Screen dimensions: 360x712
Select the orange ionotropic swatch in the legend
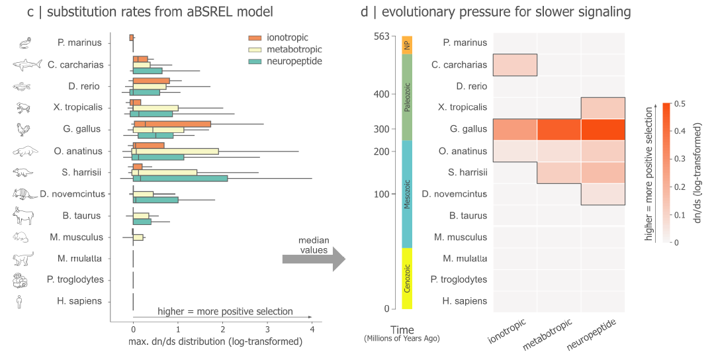tap(255, 38)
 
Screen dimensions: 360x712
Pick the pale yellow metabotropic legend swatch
tap(255, 49)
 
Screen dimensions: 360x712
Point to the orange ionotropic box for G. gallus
tap(172, 124)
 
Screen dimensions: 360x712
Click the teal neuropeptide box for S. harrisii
tap(180, 179)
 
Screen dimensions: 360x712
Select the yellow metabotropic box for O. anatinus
tap(176, 151)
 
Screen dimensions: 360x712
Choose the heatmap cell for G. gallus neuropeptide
tap(603, 128)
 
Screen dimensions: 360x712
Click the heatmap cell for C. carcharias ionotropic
tap(515, 65)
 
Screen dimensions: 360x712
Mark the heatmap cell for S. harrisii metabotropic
tap(559, 172)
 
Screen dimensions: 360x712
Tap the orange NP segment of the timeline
tap(408, 44)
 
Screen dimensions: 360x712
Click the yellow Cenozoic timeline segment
tap(408, 278)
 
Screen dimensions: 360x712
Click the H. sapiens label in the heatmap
tap(465, 301)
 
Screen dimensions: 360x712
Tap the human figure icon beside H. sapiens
tap(19, 302)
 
